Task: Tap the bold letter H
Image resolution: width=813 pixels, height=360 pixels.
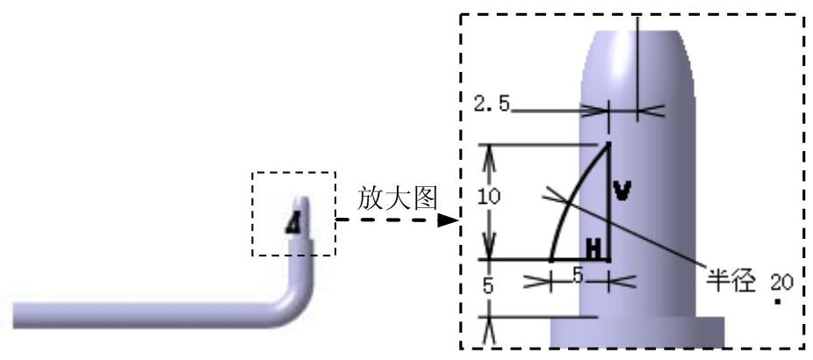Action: click(x=595, y=249)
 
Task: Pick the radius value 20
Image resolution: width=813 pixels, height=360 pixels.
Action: click(x=780, y=283)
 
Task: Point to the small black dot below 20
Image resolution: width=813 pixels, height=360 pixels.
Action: click(x=779, y=302)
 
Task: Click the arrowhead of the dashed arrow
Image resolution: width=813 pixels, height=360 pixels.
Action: click(x=450, y=220)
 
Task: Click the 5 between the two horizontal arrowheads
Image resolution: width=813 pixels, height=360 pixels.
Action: click(x=578, y=274)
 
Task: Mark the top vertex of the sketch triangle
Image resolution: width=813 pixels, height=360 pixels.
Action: click(x=608, y=144)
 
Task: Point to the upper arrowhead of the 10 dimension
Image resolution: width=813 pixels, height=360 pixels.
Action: click(x=490, y=151)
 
